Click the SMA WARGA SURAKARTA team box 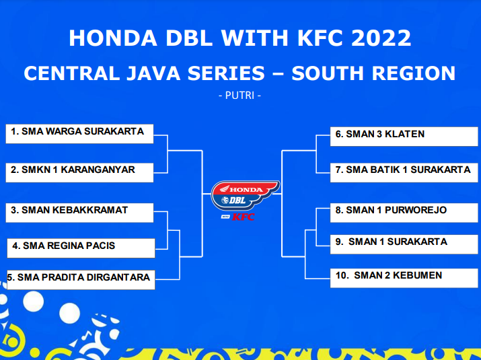point(79,134)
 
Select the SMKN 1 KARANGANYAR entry point(79,172)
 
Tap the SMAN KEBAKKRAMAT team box point(79,213)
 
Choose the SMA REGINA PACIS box point(81,248)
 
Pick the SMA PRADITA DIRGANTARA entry point(81,280)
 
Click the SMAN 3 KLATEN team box point(404,137)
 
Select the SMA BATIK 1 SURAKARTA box point(404,172)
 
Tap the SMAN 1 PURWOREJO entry point(404,213)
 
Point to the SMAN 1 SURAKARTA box point(404,245)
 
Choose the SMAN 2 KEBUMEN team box point(404,278)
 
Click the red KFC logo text point(243,217)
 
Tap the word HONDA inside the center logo point(246,190)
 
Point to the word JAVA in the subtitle point(153,73)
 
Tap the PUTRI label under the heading point(240,96)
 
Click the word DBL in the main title point(189,38)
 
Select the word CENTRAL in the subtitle point(71,73)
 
